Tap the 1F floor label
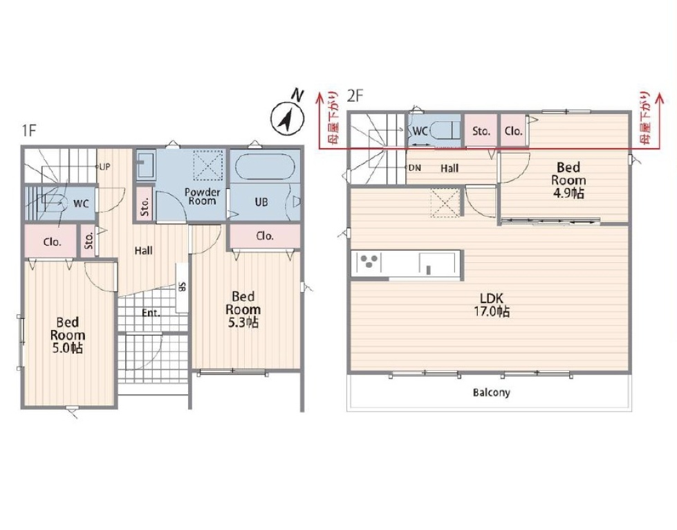(28, 130)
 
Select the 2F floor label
(355, 95)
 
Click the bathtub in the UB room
(265, 165)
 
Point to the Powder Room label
(202, 197)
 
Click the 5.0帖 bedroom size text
(67, 348)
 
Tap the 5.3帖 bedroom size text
(243, 322)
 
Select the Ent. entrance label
(151, 313)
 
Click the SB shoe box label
(182, 286)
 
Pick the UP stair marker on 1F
(104, 167)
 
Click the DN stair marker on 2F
(414, 167)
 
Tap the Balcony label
(492, 392)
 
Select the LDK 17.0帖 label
(492, 304)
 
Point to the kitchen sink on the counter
(437, 264)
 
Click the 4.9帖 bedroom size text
(568, 192)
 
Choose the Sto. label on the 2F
(481, 131)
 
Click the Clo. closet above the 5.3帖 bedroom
(265, 236)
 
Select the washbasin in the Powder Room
(145, 165)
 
